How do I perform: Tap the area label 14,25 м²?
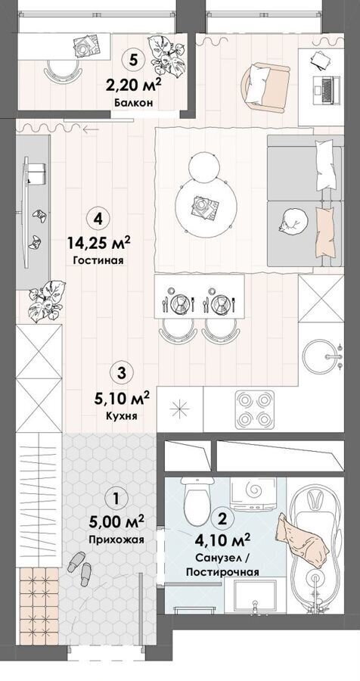pos(98,243)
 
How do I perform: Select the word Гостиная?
pos(98,260)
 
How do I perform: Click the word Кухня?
pos(122,415)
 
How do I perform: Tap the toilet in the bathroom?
pos(197,499)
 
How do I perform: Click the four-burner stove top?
pos(254,409)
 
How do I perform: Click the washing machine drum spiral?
pos(253,490)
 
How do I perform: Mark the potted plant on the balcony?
pos(169,57)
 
